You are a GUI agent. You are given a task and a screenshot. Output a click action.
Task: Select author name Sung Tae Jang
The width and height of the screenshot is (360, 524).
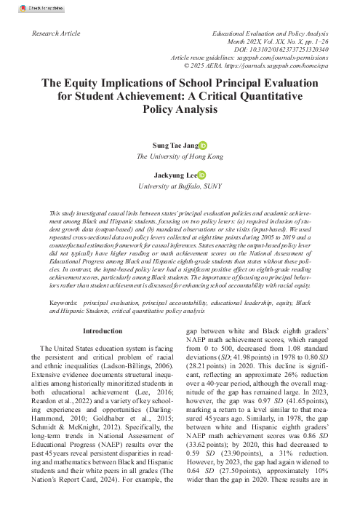click(173, 146)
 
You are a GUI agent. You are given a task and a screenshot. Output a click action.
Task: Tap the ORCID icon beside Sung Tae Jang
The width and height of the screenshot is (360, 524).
click(202, 146)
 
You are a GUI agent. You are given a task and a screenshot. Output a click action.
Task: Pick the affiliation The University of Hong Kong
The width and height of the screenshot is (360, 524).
click(180, 156)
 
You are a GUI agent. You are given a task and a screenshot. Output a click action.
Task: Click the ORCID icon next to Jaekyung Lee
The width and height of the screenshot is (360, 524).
click(201, 175)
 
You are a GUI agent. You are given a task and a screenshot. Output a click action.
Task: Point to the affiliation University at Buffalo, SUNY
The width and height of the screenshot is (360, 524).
click(180, 186)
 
